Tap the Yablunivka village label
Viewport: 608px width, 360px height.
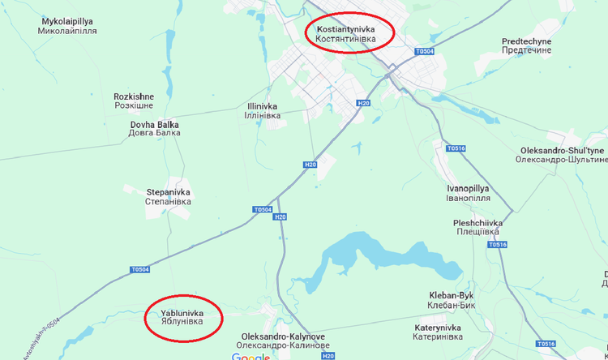(182, 318)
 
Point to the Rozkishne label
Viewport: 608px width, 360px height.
(134, 101)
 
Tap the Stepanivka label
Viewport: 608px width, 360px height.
(169, 196)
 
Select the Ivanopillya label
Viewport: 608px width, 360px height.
(468, 193)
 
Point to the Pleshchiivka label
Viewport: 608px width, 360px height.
(478, 227)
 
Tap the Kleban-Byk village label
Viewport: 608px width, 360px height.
(451, 300)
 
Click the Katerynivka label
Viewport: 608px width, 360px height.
(437, 332)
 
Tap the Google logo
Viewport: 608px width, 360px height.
(250, 357)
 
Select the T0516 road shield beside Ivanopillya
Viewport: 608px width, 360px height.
(456, 148)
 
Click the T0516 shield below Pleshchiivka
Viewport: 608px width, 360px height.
(497, 244)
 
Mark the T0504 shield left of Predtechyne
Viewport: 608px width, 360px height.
(424, 51)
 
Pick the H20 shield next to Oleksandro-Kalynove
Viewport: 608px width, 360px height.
(327, 355)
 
